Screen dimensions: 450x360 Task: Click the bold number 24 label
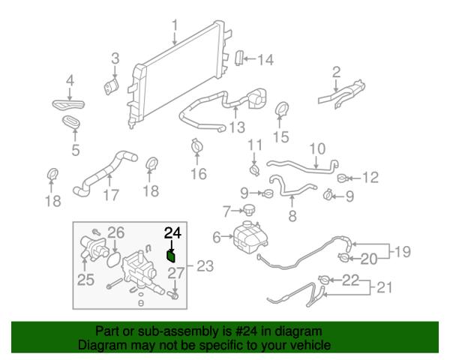[x=172, y=232]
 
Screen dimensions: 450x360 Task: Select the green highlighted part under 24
[x=171, y=256]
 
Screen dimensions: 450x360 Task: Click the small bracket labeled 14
[x=239, y=58]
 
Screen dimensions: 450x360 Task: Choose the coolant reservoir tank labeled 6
[x=250, y=237]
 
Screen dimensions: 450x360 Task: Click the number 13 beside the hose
[x=237, y=127]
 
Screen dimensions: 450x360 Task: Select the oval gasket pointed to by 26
[x=114, y=259]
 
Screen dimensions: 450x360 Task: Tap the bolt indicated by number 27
[x=174, y=294]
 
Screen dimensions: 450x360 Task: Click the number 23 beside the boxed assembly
[x=205, y=266]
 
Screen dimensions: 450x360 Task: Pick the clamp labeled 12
[x=343, y=178]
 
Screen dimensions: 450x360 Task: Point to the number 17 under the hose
[x=111, y=195]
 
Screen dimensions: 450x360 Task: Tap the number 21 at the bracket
[x=384, y=287]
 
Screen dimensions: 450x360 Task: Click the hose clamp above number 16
[x=196, y=146]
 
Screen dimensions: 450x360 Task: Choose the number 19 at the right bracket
[x=402, y=252]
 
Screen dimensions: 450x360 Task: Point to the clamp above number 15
[x=282, y=109]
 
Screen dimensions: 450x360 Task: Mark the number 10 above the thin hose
[x=317, y=148]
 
